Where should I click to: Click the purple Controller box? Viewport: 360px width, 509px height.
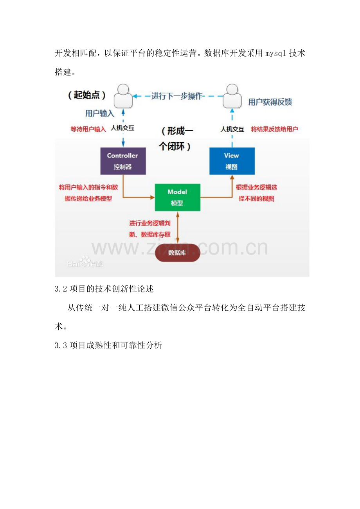pos(123,161)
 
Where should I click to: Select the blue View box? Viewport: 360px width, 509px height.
pos(232,161)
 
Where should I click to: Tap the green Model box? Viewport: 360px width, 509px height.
pos(177,197)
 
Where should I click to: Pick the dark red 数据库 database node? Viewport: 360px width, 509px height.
pos(177,253)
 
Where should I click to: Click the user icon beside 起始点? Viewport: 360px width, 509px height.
pos(123,96)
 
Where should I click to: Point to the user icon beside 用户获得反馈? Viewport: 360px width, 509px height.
pos(232,96)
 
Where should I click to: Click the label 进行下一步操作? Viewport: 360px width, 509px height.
pos(177,96)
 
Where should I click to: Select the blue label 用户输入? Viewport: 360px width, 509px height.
pos(100,113)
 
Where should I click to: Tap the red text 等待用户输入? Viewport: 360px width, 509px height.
pos(88,129)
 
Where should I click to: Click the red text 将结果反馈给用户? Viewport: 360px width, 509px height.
pos(274,129)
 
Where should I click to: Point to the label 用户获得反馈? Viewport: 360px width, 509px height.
pos(270,102)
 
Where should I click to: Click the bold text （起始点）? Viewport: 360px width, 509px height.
pos(86,95)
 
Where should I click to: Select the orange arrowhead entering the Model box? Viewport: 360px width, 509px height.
pos(152,197)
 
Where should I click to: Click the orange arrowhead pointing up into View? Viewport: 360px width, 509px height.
pos(232,177)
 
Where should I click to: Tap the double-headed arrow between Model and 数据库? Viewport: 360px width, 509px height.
pos(178,228)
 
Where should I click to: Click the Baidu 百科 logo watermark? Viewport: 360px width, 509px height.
pos(85,262)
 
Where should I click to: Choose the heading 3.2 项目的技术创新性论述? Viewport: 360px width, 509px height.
pos(104,289)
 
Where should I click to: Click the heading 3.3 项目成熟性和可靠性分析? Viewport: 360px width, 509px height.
pos(108,346)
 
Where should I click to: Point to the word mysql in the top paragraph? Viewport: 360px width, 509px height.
pos(275,54)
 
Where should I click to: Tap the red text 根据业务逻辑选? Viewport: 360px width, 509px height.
pos(257,187)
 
